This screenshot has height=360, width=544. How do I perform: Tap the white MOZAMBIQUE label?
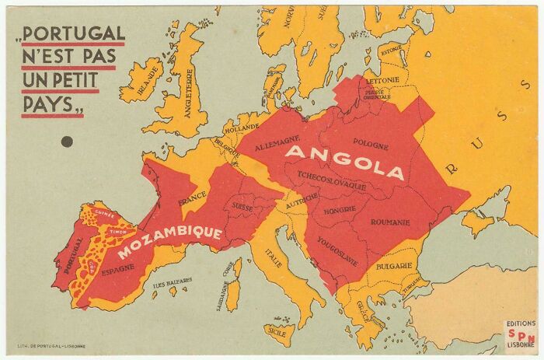pos(170,242)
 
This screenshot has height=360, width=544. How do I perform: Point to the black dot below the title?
pos(67,142)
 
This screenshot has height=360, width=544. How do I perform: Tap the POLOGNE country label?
pos(370,142)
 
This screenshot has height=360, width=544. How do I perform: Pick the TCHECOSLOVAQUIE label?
pos(343,187)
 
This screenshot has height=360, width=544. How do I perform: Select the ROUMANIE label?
pos(390,222)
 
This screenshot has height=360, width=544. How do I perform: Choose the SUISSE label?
pos(243,206)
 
